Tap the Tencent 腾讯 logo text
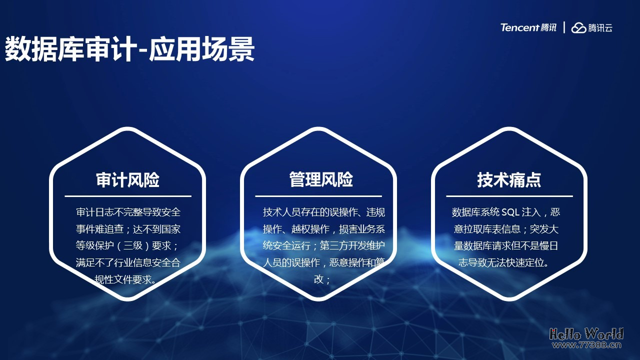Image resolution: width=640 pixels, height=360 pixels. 528,27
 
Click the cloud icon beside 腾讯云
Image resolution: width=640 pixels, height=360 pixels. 578,28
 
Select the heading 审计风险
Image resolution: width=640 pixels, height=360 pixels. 127,180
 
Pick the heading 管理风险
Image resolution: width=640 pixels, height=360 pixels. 320,179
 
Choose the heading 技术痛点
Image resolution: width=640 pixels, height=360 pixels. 509,180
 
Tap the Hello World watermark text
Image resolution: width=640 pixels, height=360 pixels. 586,333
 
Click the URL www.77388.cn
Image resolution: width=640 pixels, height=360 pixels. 586,344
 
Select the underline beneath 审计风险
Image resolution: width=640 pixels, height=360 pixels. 127,196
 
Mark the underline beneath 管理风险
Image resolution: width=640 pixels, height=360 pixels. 318,196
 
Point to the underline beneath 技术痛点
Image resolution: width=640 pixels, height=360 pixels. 509,196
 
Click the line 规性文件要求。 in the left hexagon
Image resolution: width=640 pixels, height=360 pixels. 127,279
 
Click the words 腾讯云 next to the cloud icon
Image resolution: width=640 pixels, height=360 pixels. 600,28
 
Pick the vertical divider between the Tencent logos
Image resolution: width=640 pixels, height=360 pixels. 564,27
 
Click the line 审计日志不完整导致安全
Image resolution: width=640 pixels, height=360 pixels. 128,212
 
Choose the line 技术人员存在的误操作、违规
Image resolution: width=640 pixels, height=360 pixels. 324,212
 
